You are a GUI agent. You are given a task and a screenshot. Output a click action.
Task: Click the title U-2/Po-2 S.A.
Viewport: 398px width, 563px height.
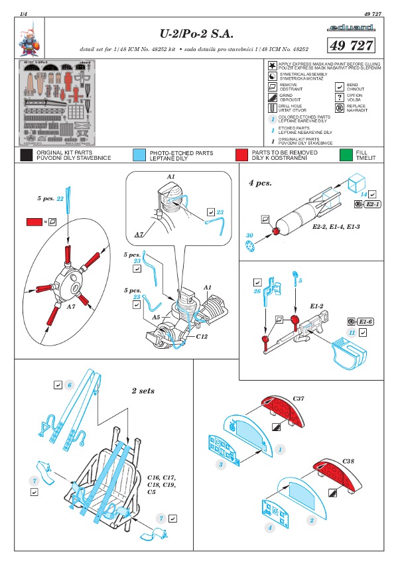193,32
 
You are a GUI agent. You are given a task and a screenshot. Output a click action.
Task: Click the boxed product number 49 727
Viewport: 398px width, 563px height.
351,44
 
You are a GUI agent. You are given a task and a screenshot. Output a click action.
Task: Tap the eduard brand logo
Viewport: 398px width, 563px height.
351,27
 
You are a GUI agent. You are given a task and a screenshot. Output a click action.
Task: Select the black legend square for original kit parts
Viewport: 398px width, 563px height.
27,155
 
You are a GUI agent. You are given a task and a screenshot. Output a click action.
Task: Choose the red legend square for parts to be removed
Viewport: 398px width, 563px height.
259,155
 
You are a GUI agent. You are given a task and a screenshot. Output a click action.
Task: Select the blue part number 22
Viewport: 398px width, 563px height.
60,198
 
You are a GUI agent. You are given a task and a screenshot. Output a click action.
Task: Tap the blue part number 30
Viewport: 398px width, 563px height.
249,235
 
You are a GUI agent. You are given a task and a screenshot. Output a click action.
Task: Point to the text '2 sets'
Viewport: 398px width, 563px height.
143,391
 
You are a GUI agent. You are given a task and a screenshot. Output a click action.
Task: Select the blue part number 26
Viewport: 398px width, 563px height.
257,290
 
